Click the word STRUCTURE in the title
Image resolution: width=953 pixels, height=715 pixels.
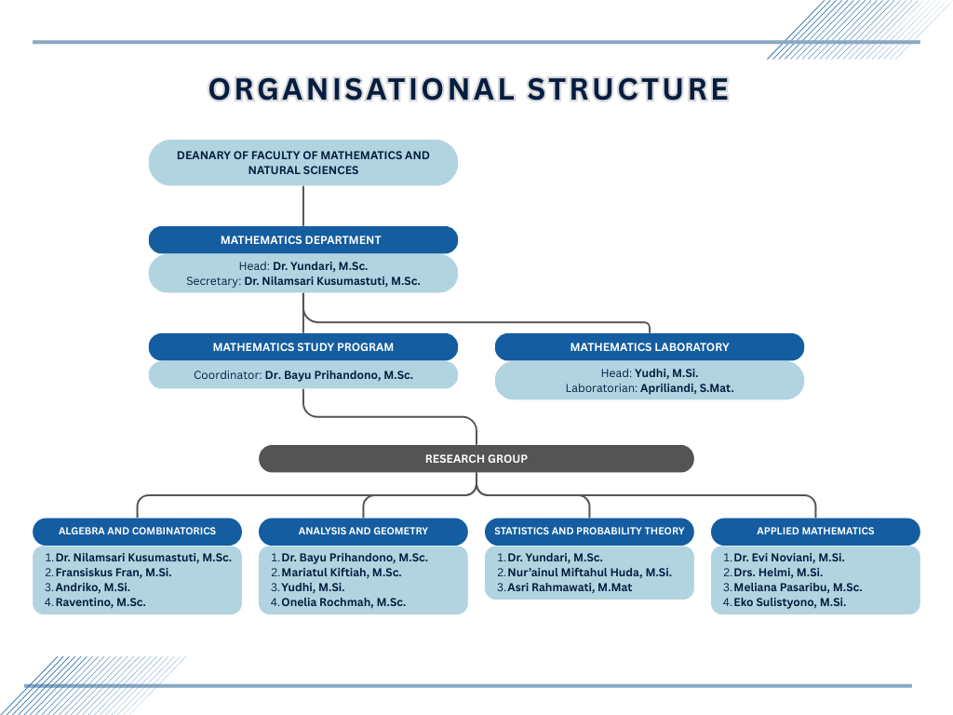pos(628,88)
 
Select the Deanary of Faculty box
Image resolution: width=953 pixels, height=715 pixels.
pos(303,163)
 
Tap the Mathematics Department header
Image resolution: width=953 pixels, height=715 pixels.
pos(303,240)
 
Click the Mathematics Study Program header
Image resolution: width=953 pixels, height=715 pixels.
pos(303,347)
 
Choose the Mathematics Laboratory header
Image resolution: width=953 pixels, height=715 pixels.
pos(650,347)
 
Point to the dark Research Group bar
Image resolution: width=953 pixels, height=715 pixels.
pos(476,459)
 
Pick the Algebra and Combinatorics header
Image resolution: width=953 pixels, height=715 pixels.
pos(137,532)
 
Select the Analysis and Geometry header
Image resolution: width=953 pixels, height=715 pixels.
pos(363,532)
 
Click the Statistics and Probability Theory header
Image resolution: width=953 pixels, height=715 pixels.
pos(589,532)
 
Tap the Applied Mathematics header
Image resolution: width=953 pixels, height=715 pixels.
pos(815,532)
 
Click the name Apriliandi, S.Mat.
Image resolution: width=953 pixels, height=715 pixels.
pos(687,388)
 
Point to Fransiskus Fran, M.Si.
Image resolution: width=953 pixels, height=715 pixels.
pos(114,573)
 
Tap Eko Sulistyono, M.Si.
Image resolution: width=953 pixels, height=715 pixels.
pos(789,602)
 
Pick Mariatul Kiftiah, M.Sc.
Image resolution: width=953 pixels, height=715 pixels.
pos(342,573)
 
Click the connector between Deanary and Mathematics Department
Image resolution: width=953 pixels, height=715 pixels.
pos(303,206)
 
